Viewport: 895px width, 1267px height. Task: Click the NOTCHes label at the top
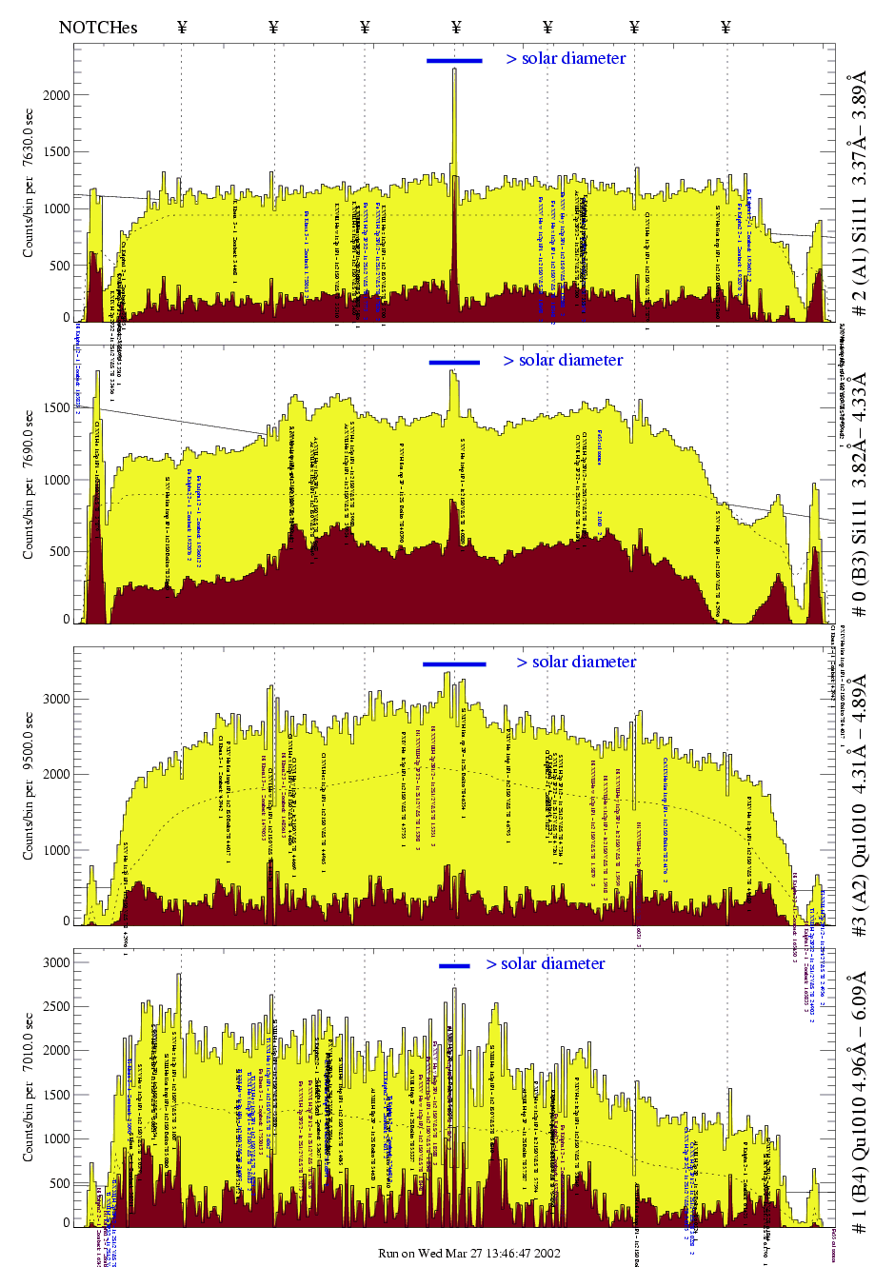tap(97, 27)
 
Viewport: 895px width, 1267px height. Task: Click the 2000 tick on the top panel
tap(56, 95)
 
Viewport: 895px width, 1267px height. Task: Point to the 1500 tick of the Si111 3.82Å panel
tap(56, 407)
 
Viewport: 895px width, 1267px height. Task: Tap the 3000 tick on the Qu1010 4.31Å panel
tap(56, 699)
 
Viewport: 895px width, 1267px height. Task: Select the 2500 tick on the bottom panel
tap(56, 1006)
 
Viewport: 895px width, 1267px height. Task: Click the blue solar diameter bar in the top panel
tap(454, 61)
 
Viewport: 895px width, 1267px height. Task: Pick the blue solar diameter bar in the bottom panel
tap(454, 966)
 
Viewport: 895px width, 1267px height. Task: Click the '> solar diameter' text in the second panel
tap(563, 360)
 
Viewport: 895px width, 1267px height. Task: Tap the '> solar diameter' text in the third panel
tap(576, 662)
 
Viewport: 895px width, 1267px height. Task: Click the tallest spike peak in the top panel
tap(454, 70)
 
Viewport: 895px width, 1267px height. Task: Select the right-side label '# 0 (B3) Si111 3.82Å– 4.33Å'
tap(859, 500)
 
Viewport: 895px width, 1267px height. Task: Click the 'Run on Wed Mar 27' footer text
tap(468, 1253)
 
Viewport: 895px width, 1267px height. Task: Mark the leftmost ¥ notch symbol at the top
tap(182, 27)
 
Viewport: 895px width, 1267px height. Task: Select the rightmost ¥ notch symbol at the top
tap(726, 27)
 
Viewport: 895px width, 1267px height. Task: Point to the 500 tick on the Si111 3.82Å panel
tap(60, 551)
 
